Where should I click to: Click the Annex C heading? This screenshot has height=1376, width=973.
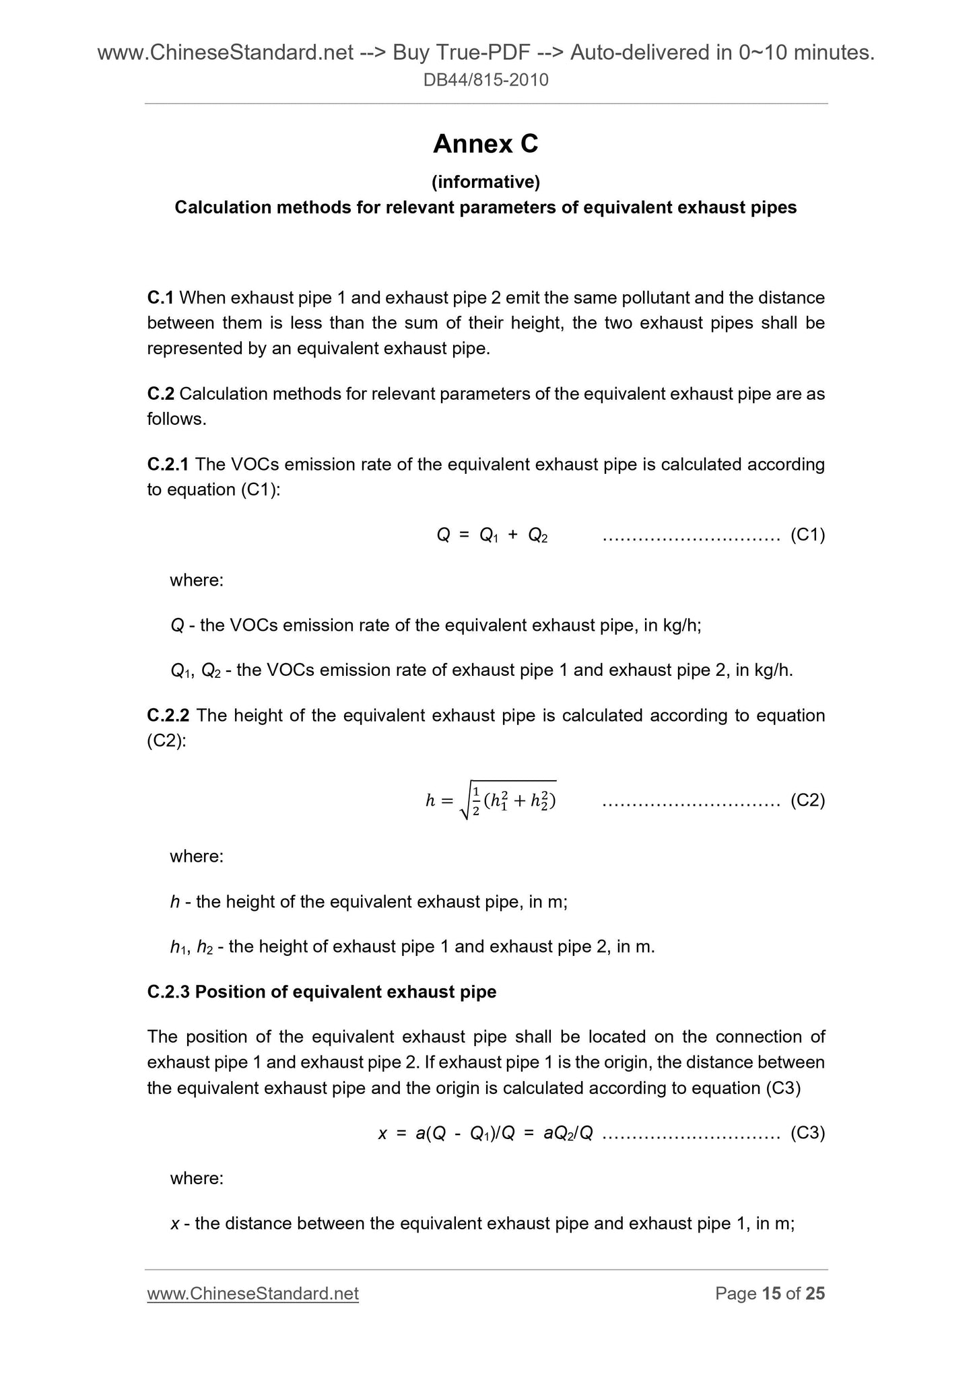(485, 144)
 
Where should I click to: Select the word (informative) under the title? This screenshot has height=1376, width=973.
(485, 182)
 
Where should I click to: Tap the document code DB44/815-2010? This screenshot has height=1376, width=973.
(485, 81)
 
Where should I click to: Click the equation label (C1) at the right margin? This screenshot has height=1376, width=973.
(807, 535)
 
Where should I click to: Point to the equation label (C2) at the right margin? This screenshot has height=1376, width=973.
(807, 800)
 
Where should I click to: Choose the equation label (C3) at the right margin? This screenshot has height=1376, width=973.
(807, 1133)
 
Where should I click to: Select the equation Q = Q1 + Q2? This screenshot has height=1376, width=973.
(492, 535)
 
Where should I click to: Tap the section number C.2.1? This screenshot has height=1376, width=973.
(168, 465)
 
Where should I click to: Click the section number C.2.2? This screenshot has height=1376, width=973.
(169, 715)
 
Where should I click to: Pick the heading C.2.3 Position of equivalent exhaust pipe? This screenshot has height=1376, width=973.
(322, 992)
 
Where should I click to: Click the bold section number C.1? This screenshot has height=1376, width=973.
(160, 297)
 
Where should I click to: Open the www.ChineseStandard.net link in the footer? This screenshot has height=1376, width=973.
(253, 1293)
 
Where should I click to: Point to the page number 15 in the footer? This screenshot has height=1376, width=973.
(771, 1293)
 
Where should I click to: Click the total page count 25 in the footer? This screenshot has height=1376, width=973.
(815, 1293)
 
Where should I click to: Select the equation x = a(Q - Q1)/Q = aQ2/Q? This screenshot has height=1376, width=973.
(485, 1134)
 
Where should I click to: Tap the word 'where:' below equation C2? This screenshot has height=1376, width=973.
(197, 856)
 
